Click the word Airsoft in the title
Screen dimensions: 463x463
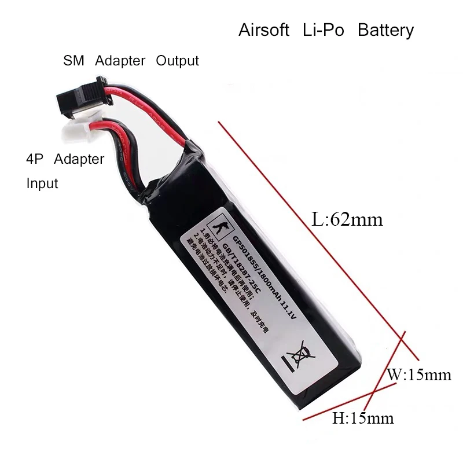click(x=264, y=30)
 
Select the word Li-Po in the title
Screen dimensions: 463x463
click(x=323, y=30)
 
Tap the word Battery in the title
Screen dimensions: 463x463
click(x=386, y=30)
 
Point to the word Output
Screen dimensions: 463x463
click(x=178, y=61)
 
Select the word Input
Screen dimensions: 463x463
click(x=42, y=184)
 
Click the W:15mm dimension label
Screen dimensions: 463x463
click(x=419, y=375)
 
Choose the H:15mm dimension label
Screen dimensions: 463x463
click(x=363, y=417)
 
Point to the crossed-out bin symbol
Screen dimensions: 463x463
click(x=294, y=358)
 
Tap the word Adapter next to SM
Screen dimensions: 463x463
click(x=120, y=61)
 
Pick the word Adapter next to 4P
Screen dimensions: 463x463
click(x=79, y=159)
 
